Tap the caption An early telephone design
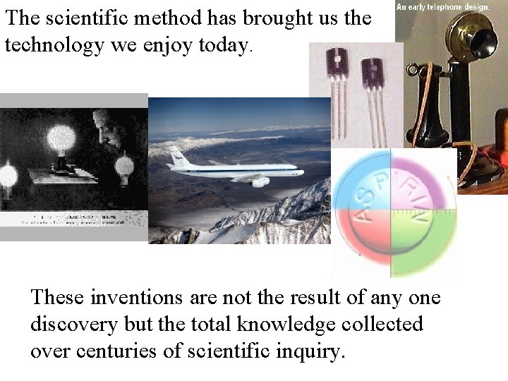click(443, 6)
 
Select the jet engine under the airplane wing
click(260, 182)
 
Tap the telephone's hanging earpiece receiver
click(429, 99)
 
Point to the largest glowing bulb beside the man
click(61, 138)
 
